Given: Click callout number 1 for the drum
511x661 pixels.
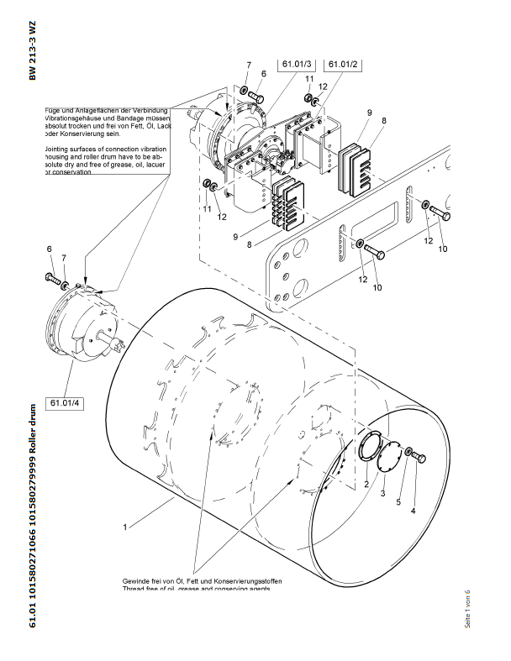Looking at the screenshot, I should click(x=125, y=528).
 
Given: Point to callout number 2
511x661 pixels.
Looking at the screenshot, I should click(x=367, y=485).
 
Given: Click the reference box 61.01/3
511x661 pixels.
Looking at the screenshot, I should click(x=296, y=65).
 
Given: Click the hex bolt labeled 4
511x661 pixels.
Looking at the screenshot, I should click(x=420, y=457).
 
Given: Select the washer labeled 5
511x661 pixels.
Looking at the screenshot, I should click(x=408, y=454).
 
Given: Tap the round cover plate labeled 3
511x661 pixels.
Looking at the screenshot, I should click(x=388, y=461).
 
